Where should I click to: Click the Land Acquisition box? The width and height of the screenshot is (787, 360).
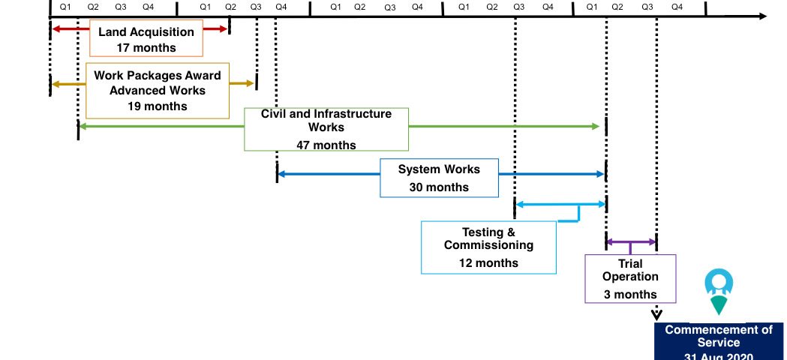[x=146, y=40]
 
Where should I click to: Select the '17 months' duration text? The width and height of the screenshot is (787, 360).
[x=146, y=48]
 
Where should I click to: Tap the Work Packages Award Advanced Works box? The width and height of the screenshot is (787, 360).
[x=158, y=91]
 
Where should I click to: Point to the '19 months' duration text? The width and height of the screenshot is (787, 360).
[x=158, y=106]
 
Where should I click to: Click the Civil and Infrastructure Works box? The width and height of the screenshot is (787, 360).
[x=326, y=129]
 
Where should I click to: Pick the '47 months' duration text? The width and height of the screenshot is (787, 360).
[x=326, y=145]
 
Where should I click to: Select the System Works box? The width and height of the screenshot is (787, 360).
[x=439, y=178]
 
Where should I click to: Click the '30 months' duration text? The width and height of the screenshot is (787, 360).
[x=439, y=187]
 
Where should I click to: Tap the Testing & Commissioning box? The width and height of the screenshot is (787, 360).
[x=488, y=247]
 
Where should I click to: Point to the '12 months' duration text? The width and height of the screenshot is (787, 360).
[x=488, y=263]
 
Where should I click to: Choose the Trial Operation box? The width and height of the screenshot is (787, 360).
[x=630, y=278]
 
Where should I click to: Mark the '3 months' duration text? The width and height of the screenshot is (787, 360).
[x=630, y=295]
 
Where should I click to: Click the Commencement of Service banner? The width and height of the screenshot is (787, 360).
[x=719, y=342]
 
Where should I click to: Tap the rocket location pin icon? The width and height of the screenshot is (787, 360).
[x=718, y=291]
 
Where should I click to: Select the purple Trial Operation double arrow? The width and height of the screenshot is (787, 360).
[x=631, y=241]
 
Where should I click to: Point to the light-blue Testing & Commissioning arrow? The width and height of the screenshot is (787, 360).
[x=560, y=204]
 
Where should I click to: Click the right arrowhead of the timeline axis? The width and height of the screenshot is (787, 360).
[x=762, y=16]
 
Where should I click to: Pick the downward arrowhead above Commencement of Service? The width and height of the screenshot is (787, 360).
[x=656, y=316]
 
